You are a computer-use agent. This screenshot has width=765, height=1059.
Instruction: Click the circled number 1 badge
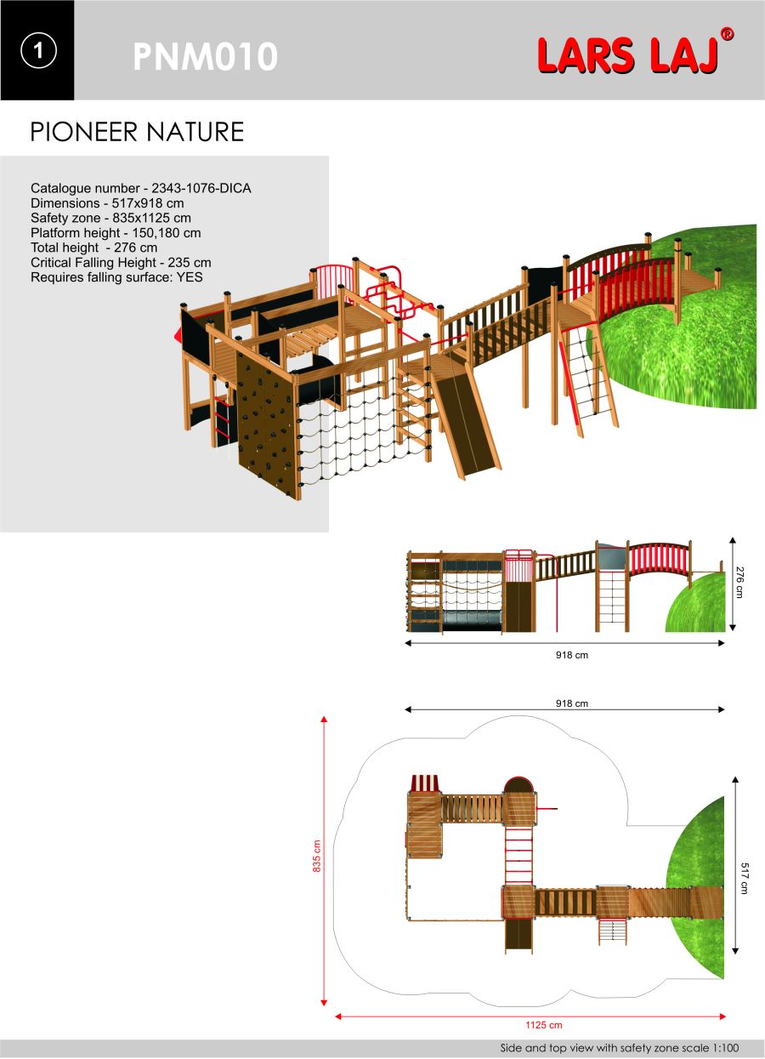click(38, 50)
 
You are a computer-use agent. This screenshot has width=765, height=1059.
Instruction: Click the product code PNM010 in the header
click(205, 56)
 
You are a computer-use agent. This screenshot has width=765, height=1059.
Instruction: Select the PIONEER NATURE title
click(137, 132)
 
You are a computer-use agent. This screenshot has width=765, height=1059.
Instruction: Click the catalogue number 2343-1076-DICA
click(201, 188)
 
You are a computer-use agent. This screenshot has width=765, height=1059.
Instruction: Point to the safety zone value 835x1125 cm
click(151, 218)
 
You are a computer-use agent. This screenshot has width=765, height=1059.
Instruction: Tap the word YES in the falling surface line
click(190, 277)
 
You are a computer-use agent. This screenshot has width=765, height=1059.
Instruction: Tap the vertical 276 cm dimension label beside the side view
click(739, 582)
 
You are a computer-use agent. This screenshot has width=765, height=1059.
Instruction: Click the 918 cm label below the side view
click(572, 655)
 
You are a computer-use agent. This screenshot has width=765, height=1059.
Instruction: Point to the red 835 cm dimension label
click(316, 856)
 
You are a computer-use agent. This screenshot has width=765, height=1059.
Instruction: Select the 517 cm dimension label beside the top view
click(744, 878)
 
